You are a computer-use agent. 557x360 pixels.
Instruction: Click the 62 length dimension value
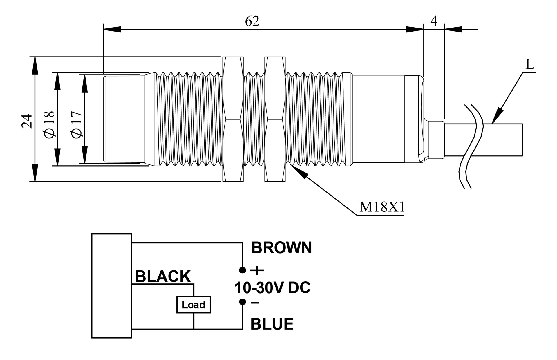point(252,21)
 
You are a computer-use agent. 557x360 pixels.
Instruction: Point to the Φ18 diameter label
point(49,124)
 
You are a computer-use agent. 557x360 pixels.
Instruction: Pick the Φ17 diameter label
point(77,124)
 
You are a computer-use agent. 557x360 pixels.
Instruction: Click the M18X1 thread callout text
point(382,207)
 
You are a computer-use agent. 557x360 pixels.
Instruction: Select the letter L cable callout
point(530,64)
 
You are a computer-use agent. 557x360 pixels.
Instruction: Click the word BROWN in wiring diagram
point(281,248)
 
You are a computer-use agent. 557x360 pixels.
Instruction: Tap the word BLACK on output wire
point(163,276)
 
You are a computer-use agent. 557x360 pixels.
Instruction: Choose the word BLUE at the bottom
point(272,324)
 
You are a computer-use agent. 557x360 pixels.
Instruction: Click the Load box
point(193,305)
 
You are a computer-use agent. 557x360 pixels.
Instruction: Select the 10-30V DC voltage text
point(272,288)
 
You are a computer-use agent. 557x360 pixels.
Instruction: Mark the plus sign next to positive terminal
point(257,271)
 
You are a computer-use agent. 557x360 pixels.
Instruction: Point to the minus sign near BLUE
point(255,303)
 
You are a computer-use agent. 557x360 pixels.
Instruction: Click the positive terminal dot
point(243,270)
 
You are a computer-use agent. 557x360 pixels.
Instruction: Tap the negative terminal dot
point(243,302)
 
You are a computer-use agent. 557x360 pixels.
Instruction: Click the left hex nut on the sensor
point(233,119)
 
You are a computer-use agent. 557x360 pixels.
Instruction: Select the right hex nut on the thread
point(275,119)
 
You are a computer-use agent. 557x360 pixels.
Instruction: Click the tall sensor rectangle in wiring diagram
point(111,285)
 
